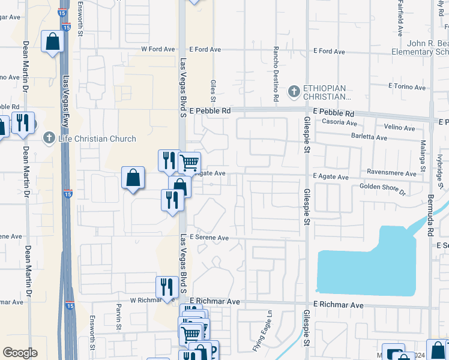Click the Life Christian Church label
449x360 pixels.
97,139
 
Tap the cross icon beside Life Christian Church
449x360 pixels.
50,139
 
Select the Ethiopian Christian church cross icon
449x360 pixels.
294,92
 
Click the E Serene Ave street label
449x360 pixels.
209,238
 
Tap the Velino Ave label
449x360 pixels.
399,128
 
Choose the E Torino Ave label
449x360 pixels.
407,87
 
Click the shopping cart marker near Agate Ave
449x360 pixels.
190,161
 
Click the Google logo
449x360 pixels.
20,353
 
